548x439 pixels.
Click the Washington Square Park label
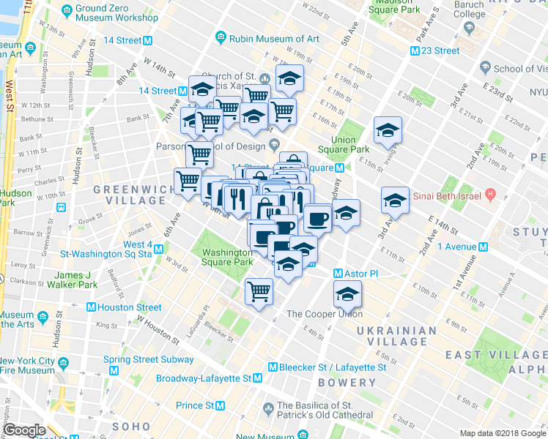(x=226, y=257)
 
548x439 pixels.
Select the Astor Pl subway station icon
(x=338, y=273)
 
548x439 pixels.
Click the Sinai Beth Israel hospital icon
(x=491, y=195)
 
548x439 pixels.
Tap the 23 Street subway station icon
(x=415, y=51)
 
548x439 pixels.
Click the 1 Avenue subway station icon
(x=483, y=247)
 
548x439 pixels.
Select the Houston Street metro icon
(x=92, y=308)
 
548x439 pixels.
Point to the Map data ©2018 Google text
(x=502, y=433)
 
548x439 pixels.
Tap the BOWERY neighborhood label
(x=347, y=383)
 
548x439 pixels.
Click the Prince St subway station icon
(x=220, y=405)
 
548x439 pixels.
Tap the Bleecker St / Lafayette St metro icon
(x=273, y=367)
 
